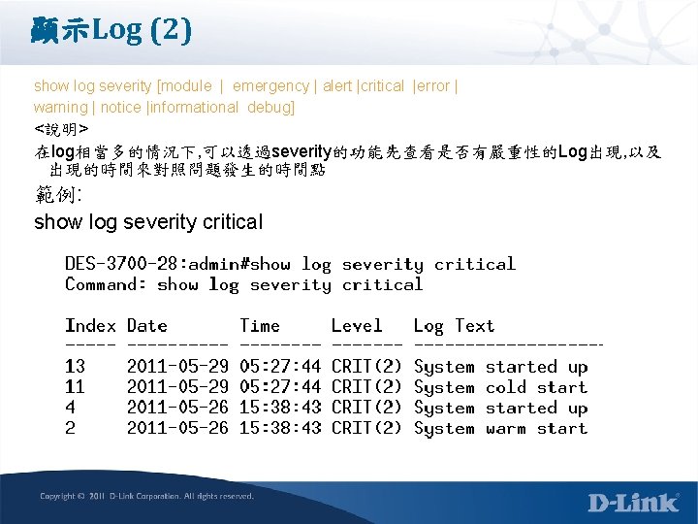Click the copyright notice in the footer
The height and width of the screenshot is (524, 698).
(x=146, y=496)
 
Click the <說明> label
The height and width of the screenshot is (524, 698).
(x=61, y=128)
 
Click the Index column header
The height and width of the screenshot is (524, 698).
(x=90, y=326)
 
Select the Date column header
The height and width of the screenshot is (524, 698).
(x=146, y=326)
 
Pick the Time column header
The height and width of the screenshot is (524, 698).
(x=259, y=326)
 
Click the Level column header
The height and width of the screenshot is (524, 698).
(x=357, y=326)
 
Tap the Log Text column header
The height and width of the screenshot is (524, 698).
(x=454, y=326)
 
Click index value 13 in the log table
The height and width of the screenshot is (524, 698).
(x=76, y=367)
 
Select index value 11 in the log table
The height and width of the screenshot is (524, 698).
(x=76, y=387)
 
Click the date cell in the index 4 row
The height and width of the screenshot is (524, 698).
(x=177, y=408)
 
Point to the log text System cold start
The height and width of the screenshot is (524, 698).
(x=500, y=387)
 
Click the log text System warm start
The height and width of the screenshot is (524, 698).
(x=500, y=428)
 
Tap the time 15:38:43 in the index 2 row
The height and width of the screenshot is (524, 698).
(x=279, y=428)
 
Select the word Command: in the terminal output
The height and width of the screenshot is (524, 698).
(x=106, y=284)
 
